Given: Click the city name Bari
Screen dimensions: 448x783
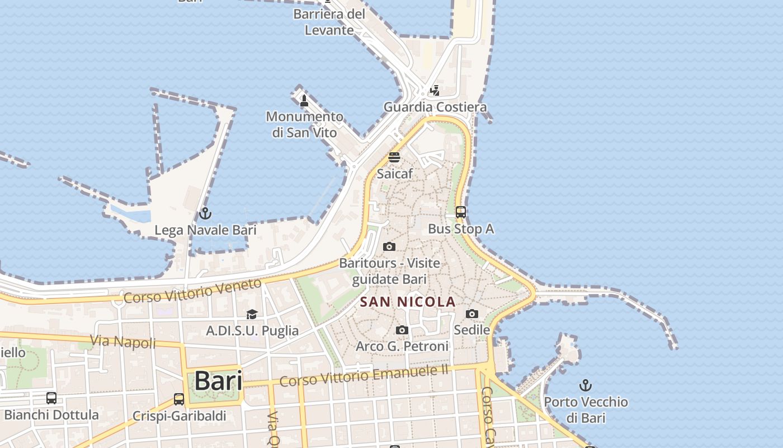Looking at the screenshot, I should pyautogui.click(x=218, y=381).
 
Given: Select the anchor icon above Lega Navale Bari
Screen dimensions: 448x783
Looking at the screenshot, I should pyautogui.click(x=205, y=214).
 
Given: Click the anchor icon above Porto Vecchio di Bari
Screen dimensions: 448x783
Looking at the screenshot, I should pyautogui.click(x=585, y=385).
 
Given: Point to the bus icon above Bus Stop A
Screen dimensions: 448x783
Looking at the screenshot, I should pyautogui.click(x=461, y=212).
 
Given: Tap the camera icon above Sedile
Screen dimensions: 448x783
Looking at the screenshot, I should pyautogui.click(x=472, y=314).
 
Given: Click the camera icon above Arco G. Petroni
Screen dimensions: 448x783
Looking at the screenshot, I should pyautogui.click(x=402, y=330).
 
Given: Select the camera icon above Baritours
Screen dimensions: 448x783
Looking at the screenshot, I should pyautogui.click(x=389, y=246).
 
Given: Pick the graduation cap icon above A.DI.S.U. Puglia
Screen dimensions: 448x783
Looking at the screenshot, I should pyautogui.click(x=252, y=314).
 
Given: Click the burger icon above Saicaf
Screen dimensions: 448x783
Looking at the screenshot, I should pyautogui.click(x=394, y=157).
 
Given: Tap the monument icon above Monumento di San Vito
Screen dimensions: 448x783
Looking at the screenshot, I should pyautogui.click(x=304, y=101).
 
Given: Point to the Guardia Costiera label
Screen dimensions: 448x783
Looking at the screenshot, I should pyautogui.click(x=435, y=107).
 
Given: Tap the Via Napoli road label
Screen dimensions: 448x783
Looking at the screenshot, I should pyautogui.click(x=123, y=341).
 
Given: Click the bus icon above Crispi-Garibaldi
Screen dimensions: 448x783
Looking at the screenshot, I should pyautogui.click(x=179, y=399).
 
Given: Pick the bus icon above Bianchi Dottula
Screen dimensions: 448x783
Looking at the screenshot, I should pyautogui.click(x=51, y=398).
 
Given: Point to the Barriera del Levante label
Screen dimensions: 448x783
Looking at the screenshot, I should pyautogui.click(x=329, y=22).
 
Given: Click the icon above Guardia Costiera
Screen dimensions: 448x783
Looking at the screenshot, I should pyautogui.click(x=435, y=90).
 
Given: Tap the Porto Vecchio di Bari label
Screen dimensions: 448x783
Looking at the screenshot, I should pyautogui.click(x=586, y=410).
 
